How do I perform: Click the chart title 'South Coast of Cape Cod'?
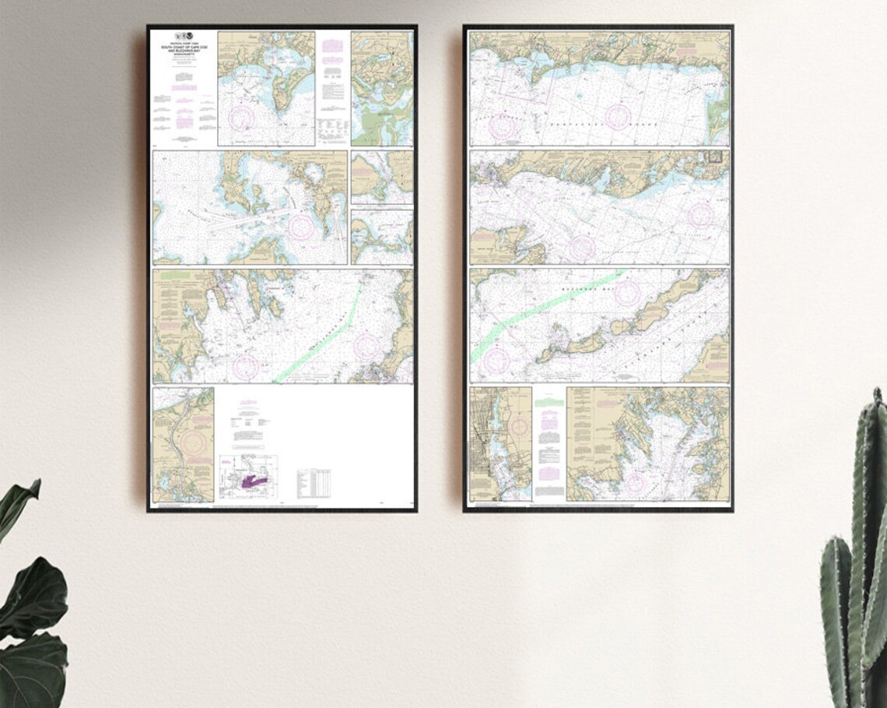[184, 50]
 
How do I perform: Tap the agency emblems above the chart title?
[184, 36]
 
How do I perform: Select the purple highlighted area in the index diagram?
[254, 482]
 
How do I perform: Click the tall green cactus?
[856, 561]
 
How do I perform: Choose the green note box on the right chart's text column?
[549, 403]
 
